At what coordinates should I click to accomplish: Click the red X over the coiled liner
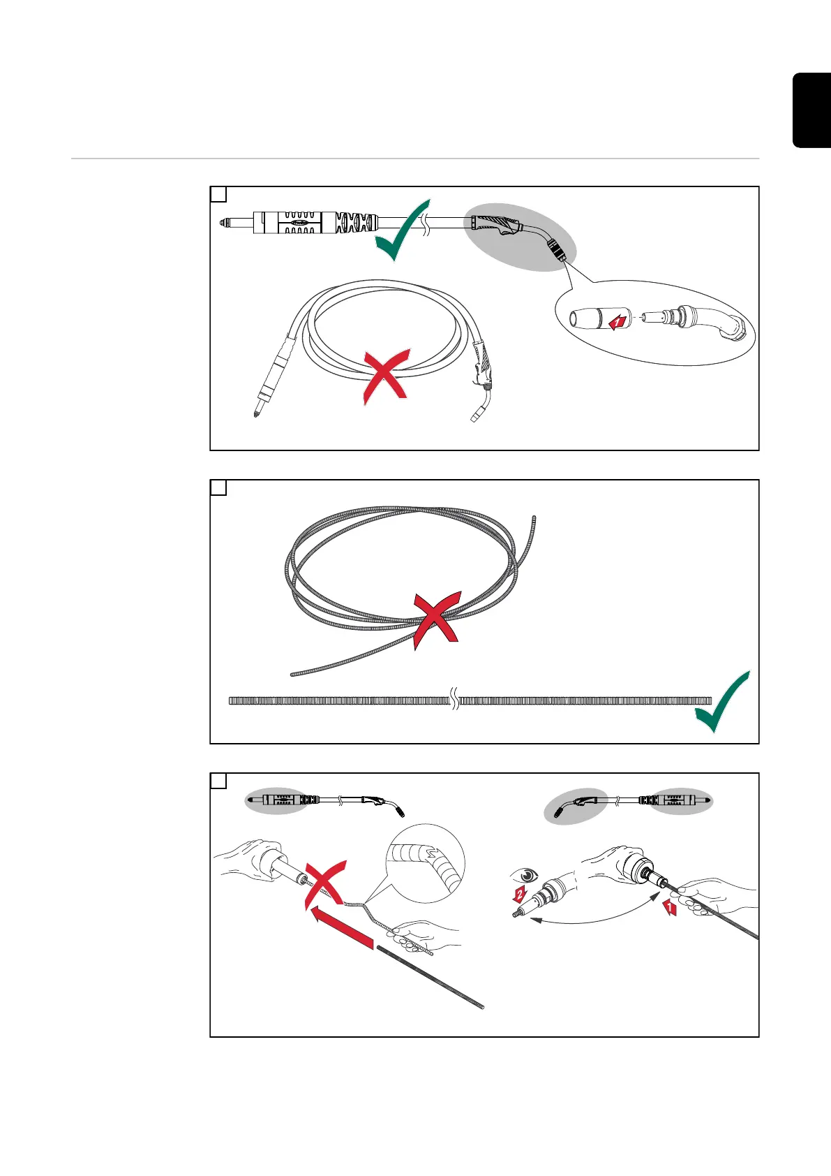pos(436,620)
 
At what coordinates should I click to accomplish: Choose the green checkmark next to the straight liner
pos(722,703)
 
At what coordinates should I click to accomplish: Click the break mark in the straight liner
pos(454,700)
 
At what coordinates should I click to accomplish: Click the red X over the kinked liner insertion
pos(326,885)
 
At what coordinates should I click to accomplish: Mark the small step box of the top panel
pos(218,194)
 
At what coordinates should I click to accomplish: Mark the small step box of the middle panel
pos(218,487)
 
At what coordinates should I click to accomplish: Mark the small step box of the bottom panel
pos(218,781)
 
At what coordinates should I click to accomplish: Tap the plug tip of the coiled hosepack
pos(255,413)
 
